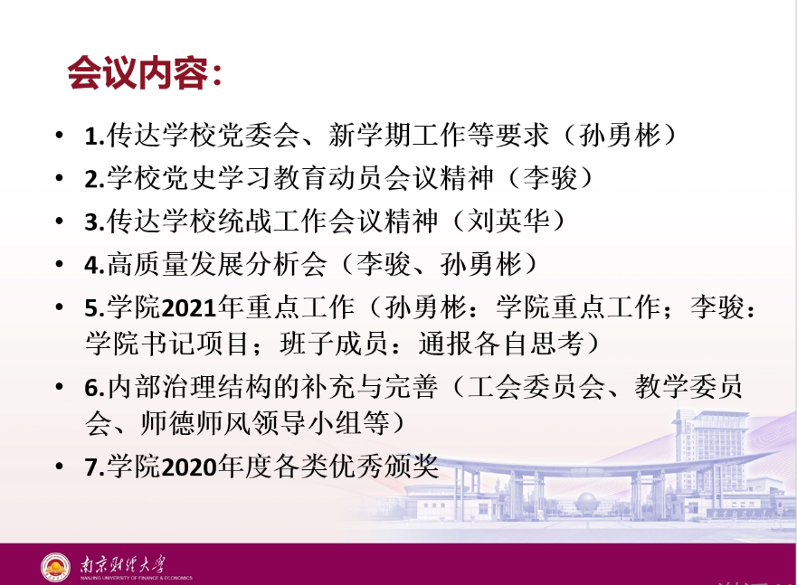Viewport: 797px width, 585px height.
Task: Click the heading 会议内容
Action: point(138,73)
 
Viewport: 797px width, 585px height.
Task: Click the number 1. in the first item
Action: point(95,137)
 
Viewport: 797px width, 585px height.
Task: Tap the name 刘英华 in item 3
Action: point(508,221)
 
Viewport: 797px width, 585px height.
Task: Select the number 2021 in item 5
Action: point(188,308)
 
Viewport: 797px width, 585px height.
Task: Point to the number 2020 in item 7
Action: point(188,467)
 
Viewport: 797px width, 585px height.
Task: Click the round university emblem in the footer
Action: point(55,567)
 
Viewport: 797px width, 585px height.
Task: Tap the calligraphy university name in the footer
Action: point(122,564)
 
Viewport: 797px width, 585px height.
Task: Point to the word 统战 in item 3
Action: point(247,221)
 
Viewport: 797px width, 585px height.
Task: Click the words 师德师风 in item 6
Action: point(196,423)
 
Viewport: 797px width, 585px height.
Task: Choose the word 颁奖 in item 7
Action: point(411,467)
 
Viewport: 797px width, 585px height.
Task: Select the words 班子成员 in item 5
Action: point(335,344)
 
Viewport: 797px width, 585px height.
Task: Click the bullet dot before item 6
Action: point(60,387)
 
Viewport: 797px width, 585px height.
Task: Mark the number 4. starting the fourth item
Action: point(95,265)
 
